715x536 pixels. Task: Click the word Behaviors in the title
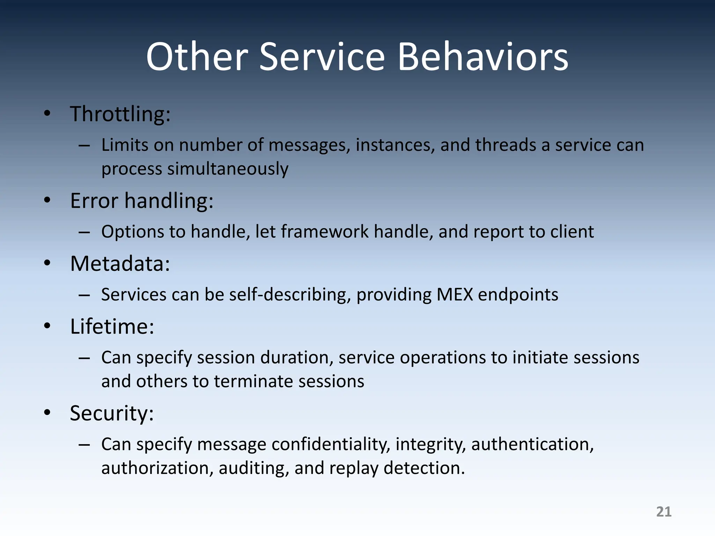[x=482, y=57]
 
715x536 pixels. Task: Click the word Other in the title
[x=197, y=57]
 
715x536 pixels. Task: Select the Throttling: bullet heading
[x=120, y=114]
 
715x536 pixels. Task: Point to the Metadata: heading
[x=120, y=263]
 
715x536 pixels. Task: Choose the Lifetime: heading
[x=112, y=327]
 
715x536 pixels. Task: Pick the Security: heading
[x=111, y=413]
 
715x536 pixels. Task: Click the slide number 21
[x=664, y=512]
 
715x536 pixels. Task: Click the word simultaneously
[x=228, y=169]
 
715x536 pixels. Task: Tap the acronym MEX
[x=455, y=295]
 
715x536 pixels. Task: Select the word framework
[x=325, y=232]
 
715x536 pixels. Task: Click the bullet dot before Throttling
[x=47, y=113]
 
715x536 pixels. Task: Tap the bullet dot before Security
[x=47, y=413]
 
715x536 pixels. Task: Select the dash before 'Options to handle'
[x=84, y=232]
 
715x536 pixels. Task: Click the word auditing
[x=253, y=468]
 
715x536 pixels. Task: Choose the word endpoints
[x=518, y=295]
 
